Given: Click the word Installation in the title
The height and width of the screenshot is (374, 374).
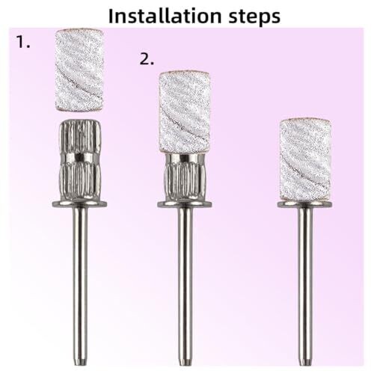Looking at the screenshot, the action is point(165,16).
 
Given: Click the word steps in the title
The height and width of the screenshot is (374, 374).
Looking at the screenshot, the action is point(254,17).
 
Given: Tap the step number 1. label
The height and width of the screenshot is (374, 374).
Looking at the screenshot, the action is point(23,41).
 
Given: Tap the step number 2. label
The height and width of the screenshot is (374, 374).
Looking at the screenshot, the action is point(147,59).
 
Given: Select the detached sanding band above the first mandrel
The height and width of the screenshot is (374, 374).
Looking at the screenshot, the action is point(79,70).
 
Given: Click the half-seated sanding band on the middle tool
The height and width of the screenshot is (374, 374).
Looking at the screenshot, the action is point(184,112).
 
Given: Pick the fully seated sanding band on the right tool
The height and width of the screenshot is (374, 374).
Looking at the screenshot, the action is point(305,159).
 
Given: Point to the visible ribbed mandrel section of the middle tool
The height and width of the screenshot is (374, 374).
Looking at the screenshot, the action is point(185,177).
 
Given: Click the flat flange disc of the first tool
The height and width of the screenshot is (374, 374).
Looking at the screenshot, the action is point(80,204).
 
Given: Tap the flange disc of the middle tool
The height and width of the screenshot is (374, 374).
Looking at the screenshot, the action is point(185,204).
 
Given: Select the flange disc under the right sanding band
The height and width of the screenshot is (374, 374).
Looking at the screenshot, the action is point(304,204).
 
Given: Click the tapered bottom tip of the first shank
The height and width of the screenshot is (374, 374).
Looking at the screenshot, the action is point(80,363).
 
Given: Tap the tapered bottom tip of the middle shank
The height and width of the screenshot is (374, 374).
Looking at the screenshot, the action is point(185,363).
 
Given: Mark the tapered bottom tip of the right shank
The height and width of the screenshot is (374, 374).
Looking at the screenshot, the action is point(305,363).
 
